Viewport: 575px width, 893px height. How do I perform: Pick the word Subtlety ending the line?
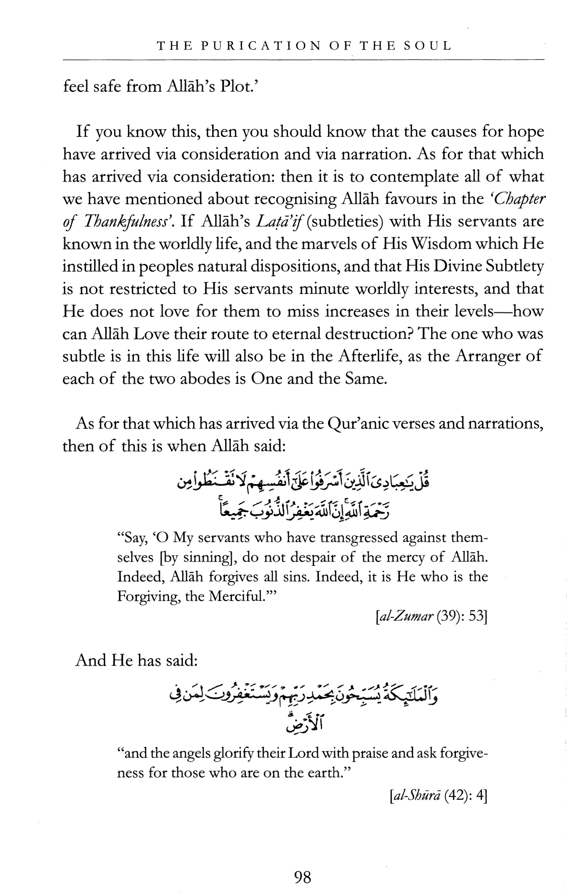coord(514,266)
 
